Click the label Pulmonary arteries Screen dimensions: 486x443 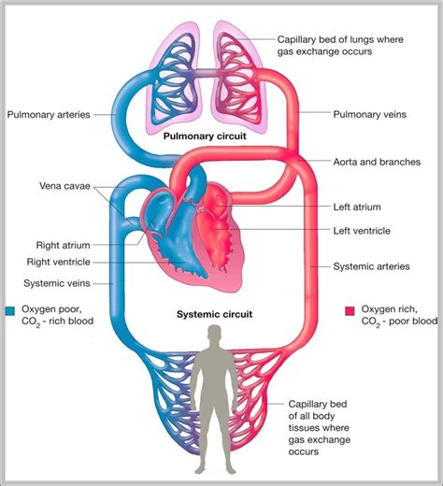(49, 115)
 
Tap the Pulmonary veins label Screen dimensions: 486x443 (367, 115)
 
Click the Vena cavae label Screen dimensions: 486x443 (65, 184)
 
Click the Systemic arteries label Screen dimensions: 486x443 (371, 265)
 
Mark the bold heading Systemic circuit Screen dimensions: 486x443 (214, 314)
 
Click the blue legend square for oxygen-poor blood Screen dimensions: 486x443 (8, 309)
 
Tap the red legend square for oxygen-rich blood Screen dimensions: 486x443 (350, 309)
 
